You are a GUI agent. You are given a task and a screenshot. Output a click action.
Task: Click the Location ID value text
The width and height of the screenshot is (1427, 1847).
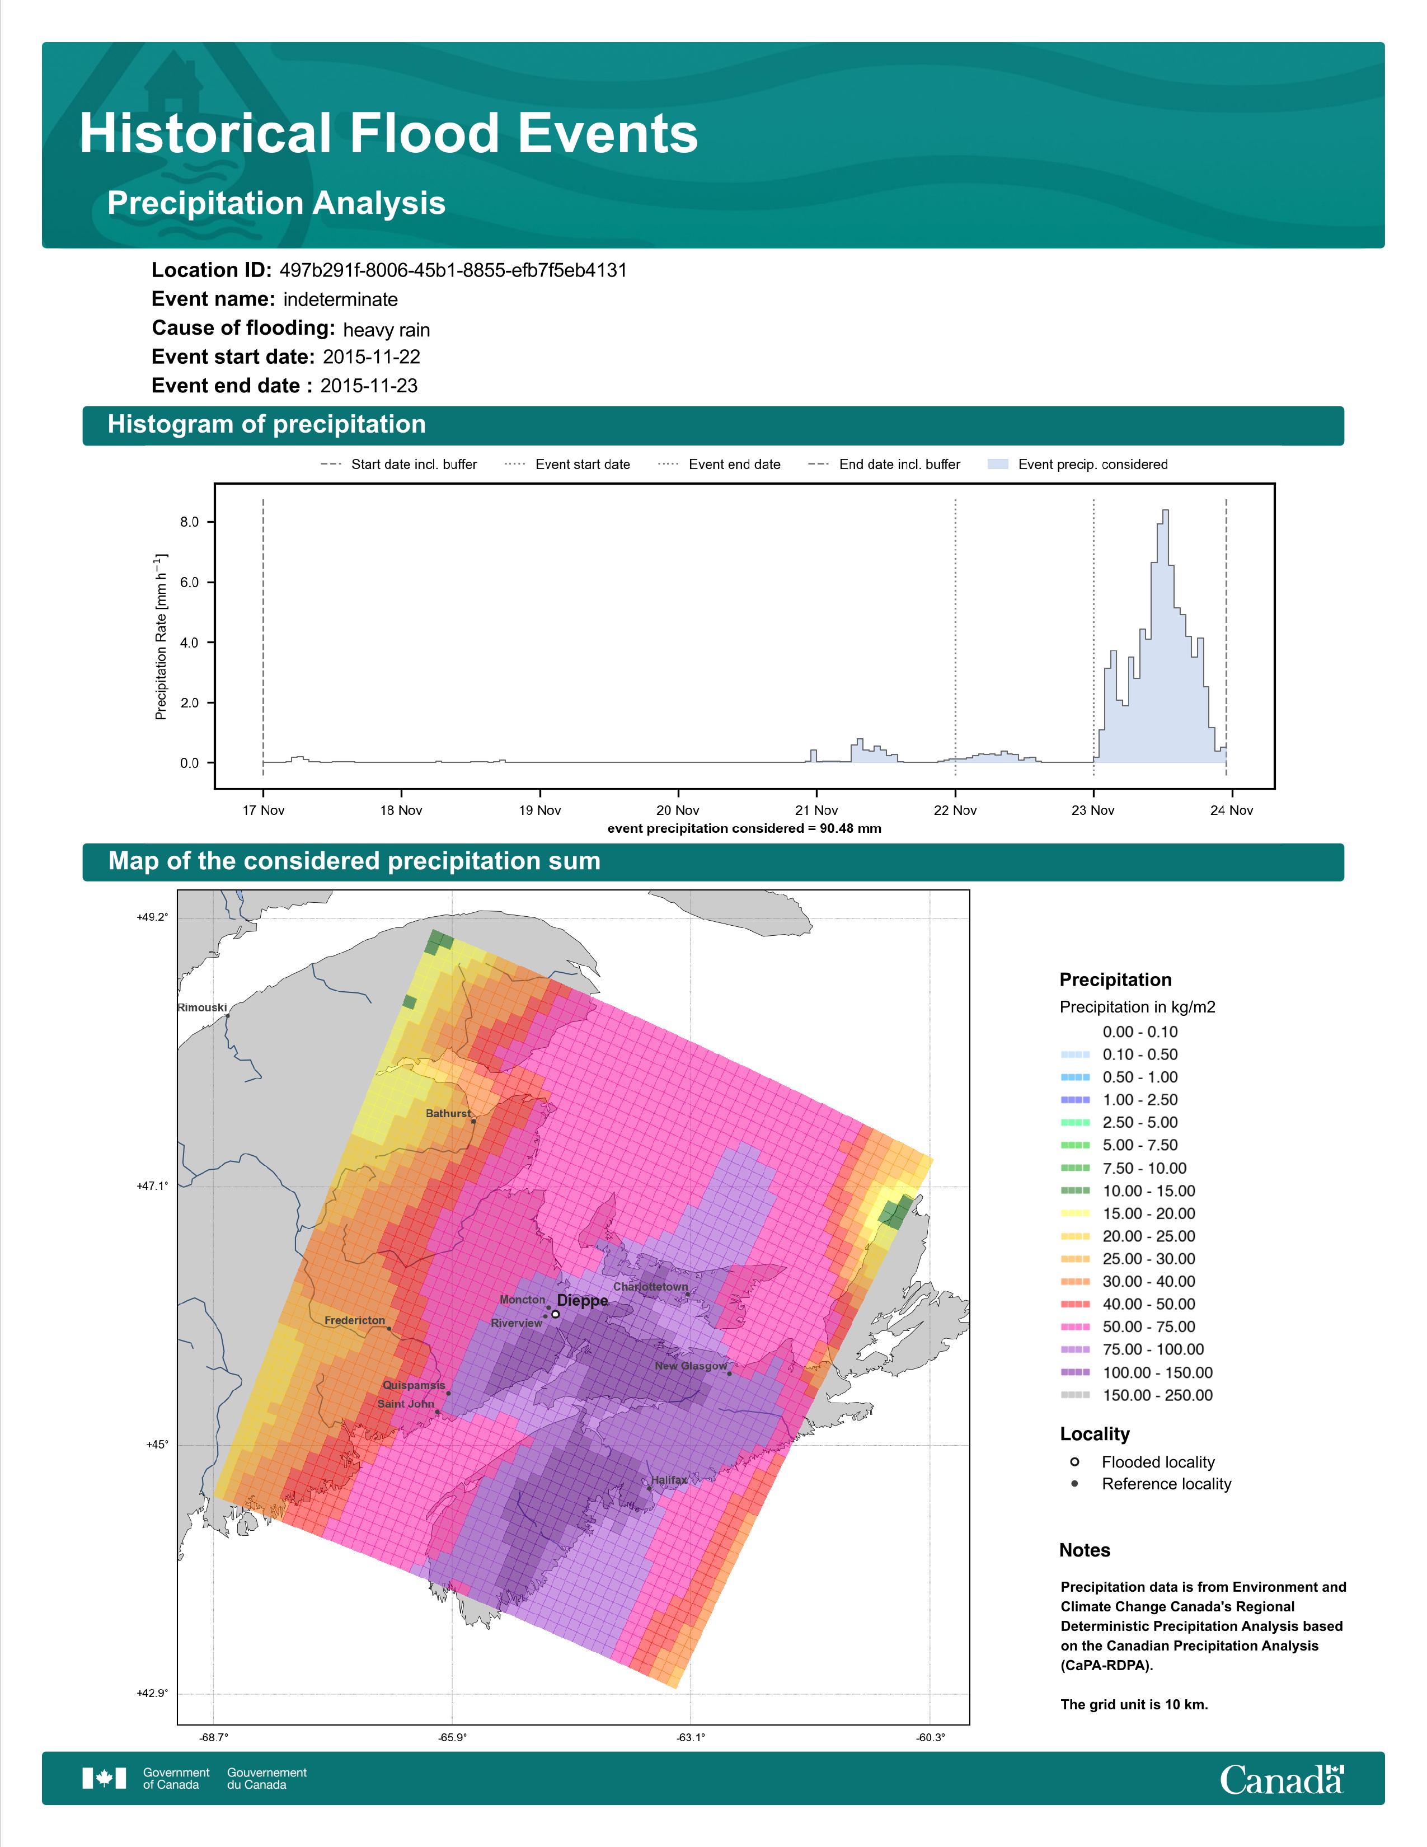click(x=453, y=271)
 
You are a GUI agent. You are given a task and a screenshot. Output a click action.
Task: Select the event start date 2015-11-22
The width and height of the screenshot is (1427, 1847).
click(x=371, y=357)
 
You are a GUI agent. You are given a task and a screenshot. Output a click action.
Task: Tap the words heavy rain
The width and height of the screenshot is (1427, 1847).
click(x=386, y=330)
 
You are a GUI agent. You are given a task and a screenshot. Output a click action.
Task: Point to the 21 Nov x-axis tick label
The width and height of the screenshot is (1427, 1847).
click(x=816, y=810)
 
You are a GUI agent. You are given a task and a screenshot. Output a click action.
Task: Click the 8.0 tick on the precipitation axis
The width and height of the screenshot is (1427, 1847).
click(x=189, y=522)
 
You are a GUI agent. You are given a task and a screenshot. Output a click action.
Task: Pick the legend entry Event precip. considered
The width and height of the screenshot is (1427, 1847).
click(x=1077, y=465)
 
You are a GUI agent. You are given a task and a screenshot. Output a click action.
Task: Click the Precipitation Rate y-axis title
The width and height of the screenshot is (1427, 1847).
click(x=161, y=637)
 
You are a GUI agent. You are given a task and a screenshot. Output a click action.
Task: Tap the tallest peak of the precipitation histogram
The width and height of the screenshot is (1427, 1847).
click(x=1166, y=511)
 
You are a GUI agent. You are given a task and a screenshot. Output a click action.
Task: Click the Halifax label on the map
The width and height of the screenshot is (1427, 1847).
click(x=669, y=1480)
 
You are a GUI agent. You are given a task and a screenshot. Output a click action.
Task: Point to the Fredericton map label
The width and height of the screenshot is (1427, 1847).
click(x=354, y=1320)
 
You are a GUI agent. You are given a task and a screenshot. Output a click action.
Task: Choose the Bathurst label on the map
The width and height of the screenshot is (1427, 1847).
click(x=447, y=1113)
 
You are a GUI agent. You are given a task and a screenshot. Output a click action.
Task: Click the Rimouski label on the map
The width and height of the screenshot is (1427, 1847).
click(x=202, y=1007)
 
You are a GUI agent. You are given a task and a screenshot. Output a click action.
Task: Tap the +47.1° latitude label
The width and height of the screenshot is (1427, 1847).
click(x=152, y=1185)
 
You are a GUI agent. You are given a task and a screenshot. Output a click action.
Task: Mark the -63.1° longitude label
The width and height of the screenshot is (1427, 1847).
click(x=691, y=1737)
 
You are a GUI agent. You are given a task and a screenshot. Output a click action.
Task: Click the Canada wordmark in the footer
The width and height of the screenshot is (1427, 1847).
click(x=1282, y=1779)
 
